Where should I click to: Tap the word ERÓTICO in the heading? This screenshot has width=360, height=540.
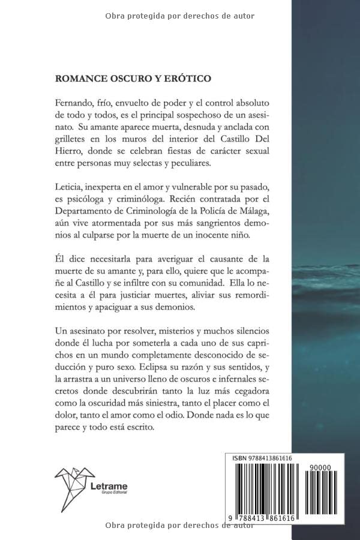(x=188, y=78)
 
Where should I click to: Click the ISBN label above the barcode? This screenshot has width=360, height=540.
(x=241, y=458)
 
